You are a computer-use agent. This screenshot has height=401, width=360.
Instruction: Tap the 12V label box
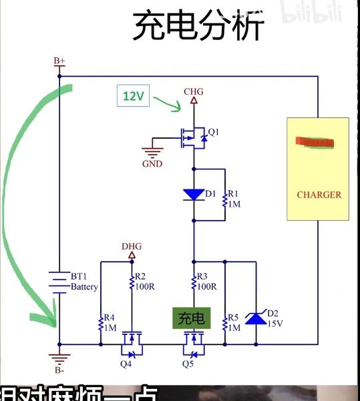pos(134,96)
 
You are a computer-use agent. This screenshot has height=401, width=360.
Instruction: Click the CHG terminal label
pos(194,91)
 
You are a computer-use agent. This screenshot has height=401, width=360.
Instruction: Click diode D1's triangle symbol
pos(194,195)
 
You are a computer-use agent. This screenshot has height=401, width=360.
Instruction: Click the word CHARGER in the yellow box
pos(319,195)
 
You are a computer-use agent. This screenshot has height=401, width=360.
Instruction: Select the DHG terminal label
pos(132,246)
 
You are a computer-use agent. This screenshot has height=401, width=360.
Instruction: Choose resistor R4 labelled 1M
pos(101,324)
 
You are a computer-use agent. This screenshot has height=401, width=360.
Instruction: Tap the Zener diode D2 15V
pos(256,318)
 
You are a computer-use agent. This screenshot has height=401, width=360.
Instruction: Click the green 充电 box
pos(194,318)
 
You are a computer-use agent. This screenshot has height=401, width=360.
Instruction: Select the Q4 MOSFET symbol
pos(132,347)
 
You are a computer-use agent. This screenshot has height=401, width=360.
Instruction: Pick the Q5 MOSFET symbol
pos(194,347)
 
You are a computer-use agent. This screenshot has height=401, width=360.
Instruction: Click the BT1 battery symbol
pos(59,280)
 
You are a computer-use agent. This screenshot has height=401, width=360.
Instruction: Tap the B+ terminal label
pos(59,61)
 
